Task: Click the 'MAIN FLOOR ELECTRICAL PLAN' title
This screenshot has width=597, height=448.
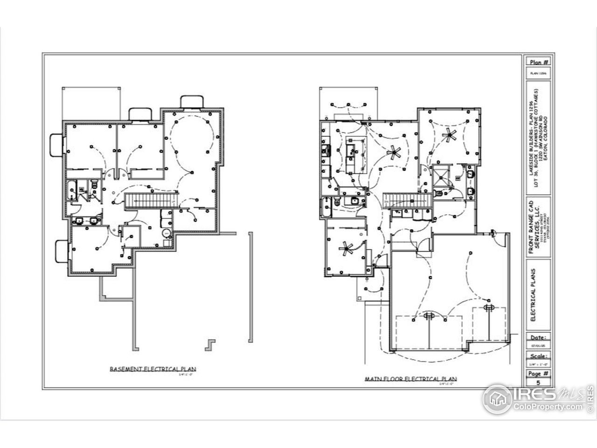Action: click(x=410, y=379)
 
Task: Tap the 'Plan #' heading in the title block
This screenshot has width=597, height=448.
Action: click(x=539, y=62)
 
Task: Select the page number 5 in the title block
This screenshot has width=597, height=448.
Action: click(x=539, y=382)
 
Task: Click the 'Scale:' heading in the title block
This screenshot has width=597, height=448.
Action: click(x=539, y=355)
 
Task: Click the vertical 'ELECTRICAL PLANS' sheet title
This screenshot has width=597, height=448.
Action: click(x=533, y=294)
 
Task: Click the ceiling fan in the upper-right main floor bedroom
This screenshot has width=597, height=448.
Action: click(x=449, y=135)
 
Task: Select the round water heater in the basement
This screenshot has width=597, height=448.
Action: click(x=166, y=233)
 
